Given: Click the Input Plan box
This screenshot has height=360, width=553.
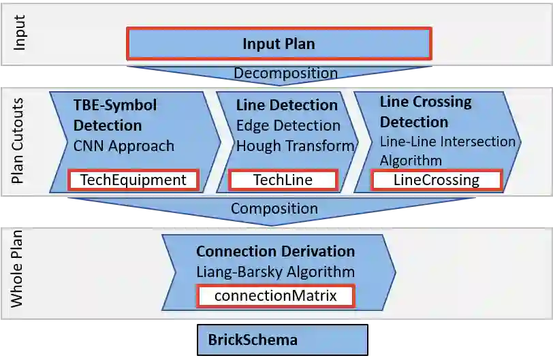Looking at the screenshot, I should [x=279, y=44].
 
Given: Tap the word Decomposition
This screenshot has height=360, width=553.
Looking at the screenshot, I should [x=285, y=73].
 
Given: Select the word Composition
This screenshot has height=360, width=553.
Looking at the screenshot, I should [x=274, y=208].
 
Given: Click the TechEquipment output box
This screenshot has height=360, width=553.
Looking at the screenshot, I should [x=133, y=180].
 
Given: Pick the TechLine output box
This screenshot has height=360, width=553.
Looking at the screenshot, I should [x=283, y=180].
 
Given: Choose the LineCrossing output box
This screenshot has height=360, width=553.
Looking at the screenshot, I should [x=436, y=180].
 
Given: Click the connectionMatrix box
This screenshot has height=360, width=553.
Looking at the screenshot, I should [x=275, y=296].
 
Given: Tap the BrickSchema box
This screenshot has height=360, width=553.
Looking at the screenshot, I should [x=283, y=339].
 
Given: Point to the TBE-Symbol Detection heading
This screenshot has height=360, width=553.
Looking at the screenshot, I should [x=115, y=115].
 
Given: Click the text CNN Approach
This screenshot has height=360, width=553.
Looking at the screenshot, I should [x=124, y=146].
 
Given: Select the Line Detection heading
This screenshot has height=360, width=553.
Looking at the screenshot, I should [x=287, y=105].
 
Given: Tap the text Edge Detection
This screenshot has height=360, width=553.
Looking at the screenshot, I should [x=288, y=125].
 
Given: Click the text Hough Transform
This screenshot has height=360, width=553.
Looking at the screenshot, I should [x=295, y=146].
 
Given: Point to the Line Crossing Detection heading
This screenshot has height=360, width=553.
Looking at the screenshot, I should [x=425, y=112].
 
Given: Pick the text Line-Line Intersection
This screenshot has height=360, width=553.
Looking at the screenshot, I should [x=447, y=142].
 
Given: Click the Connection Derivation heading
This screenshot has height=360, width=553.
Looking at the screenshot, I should [x=275, y=251].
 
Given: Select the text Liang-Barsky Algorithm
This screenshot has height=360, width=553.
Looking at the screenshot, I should [x=275, y=272].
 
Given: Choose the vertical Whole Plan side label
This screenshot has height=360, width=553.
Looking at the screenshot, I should [x=20, y=269].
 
